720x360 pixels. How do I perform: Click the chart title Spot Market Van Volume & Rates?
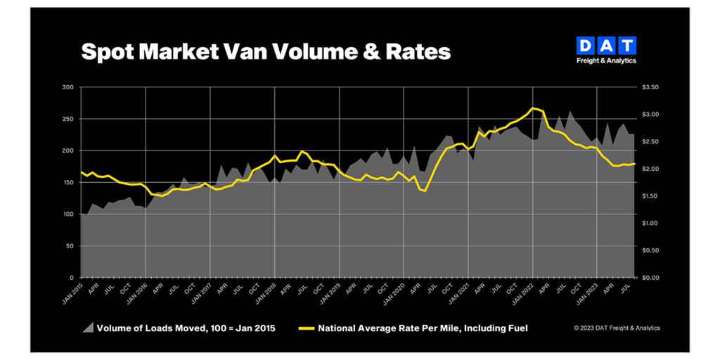click(266, 51)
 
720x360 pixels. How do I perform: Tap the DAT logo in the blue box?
click(606, 46)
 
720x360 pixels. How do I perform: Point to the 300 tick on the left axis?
click(68, 87)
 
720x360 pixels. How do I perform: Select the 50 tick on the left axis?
click(70, 246)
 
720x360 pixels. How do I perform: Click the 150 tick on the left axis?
click(68, 183)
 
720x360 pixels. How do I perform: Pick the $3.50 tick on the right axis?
click(651, 87)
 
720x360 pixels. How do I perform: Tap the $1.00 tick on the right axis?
click(651, 224)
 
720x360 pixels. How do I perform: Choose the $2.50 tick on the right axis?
click(651, 142)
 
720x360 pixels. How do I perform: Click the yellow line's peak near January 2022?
click(534, 108)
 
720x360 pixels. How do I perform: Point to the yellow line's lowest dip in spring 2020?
click(425, 191)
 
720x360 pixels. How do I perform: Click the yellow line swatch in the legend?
click(307, 328)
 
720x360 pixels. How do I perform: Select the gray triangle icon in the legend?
click(88, 328)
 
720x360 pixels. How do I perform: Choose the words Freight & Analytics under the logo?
click(606, 60)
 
